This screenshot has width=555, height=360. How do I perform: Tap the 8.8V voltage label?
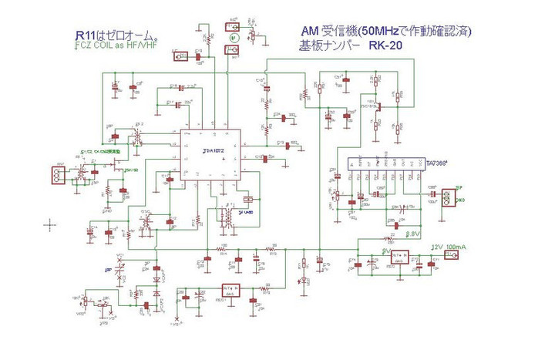coord(412,232)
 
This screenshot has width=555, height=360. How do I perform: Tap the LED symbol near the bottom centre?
coord(304,279)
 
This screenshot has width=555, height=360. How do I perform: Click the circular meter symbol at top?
coord(232,35)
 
